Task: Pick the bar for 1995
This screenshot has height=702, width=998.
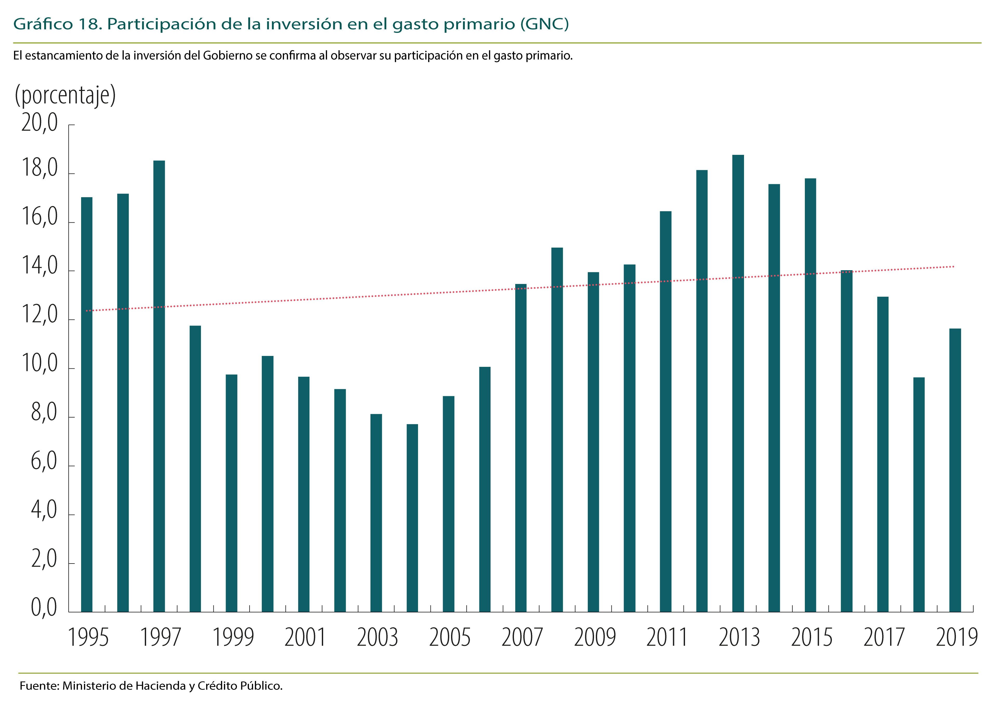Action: click(x=87, y=405)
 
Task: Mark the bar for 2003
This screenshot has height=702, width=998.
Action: click(x=376, y=513)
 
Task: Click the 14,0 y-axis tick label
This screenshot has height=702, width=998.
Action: click(x=39, y=266)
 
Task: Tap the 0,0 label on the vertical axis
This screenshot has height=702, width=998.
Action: click(x=43, y=607)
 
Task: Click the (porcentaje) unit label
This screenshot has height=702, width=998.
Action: click(x=65, y=95)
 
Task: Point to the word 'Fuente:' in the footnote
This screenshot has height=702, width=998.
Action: click(x=39, y=686)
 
